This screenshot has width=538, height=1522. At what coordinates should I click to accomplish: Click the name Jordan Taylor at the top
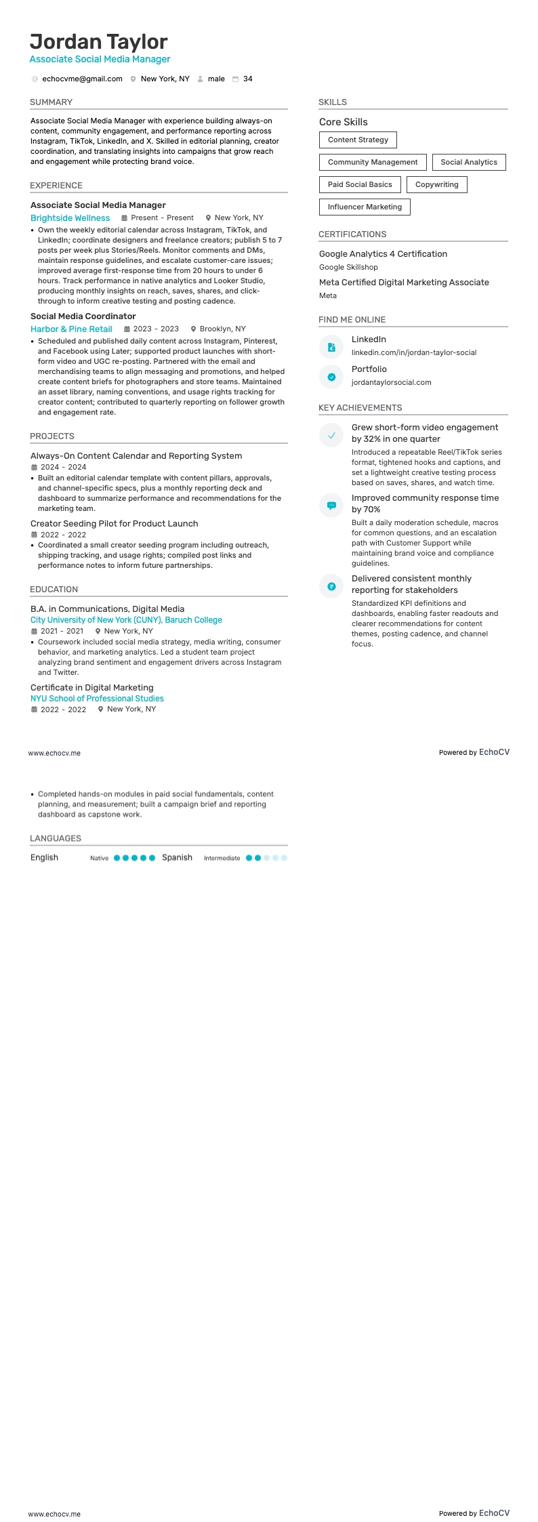[x=99, y=42]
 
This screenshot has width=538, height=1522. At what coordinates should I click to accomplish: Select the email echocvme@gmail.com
[x=82, y=79]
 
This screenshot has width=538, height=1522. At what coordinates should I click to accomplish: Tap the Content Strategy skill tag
[x=358, y=140]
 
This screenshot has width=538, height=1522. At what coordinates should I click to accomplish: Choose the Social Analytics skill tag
[x=469, y=163]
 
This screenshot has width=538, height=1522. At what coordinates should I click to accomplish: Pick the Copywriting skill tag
[x=436, y=185]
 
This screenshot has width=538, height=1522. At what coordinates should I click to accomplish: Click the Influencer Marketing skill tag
[x=365, y=207]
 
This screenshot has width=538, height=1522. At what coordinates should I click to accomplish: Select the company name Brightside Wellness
[x=70, y=218]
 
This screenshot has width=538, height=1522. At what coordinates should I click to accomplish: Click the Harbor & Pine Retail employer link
[x=71, y=329]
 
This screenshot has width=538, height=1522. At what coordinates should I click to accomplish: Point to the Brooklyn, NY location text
[x=222, y=329]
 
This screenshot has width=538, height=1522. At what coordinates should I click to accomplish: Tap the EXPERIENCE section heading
[x=56, y=186]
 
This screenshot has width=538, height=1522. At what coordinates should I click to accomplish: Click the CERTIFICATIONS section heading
[x=352, y=234]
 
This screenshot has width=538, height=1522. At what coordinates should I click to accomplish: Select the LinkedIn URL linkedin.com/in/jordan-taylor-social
[x=413, y=353]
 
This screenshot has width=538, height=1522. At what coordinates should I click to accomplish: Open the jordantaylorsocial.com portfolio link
[x=391, y=383]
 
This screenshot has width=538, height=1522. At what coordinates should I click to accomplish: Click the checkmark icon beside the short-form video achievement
[x=331, y=436]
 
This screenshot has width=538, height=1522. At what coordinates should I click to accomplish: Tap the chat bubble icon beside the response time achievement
[x=331, y=506]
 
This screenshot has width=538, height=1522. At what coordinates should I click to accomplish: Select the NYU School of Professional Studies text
[x=97, y=699]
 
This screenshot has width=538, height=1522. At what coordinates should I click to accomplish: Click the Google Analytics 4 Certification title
[x=383, y=254]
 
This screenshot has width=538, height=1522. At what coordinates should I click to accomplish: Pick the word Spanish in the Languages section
[x=177, y=858]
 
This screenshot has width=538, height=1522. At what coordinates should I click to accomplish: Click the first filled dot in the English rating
[x=117, y=858]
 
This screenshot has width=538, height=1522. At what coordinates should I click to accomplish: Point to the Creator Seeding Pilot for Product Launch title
[x=114, y=524]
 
